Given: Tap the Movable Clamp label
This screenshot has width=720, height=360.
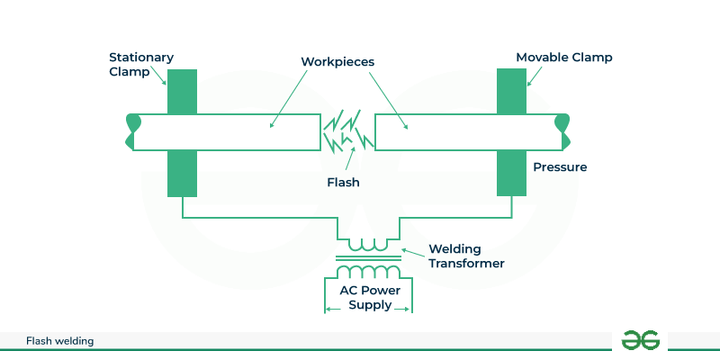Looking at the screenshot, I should pyautogui.click(x=563, y=58).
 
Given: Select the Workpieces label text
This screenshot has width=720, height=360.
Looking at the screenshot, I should pyautogui.click(x=337, y=62).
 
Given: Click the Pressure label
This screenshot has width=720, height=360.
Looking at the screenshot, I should pyautogui.click(x=560, y=167).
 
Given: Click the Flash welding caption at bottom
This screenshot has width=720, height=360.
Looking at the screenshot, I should pyautogui.click(x=60, y=341).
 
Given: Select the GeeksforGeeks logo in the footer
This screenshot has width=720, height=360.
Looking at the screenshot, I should pyautogui.click(x=641, y=340).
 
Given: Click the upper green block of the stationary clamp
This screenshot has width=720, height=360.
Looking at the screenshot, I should pyautogui.click(x=182, y=91).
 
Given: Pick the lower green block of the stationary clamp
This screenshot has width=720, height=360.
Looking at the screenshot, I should pyautogui.click(x=182, y=173).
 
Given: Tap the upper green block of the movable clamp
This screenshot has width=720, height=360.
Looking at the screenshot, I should pyautogui.click(x=512, y=91).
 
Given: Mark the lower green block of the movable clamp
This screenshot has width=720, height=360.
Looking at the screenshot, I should pyautogui.click(x=512, y=173).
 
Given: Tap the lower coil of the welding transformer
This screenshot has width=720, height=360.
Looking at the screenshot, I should pyautogui.click(x=368, y=272).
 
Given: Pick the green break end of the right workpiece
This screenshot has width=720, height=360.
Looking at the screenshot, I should pyautogui.click(x=563, y=131).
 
